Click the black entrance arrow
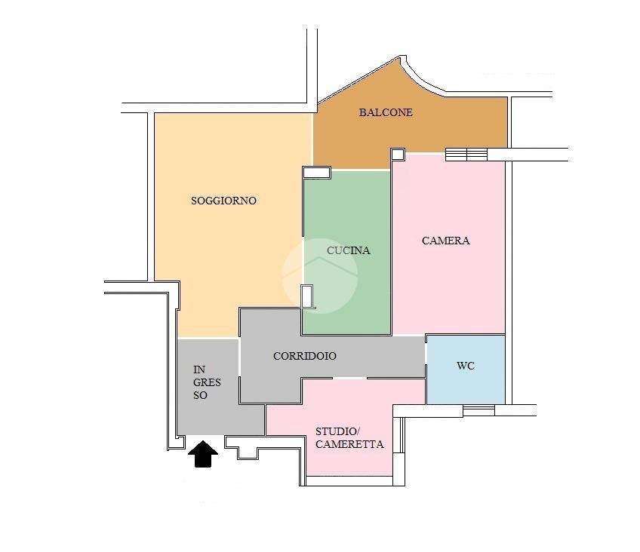pos(203,453)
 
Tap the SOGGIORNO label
pos(223,201)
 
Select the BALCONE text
pos(386,112)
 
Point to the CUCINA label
pos(348,250)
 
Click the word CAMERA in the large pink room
pos(446,241)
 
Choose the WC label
pos(466,366)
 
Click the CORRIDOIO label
pos(304,356)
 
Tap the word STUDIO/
pos(337,431)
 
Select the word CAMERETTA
pos(349,444)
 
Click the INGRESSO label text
pos(207,382)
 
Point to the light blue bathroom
pos(466,370)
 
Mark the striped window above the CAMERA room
pos(466,155)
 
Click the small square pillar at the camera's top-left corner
pos(398,154)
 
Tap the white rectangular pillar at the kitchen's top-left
pos(316,173)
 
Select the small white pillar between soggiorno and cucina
pos(307,296)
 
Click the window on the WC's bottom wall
pos(478,410)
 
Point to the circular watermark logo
pos(320,275)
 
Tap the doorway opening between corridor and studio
pos(349,378)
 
